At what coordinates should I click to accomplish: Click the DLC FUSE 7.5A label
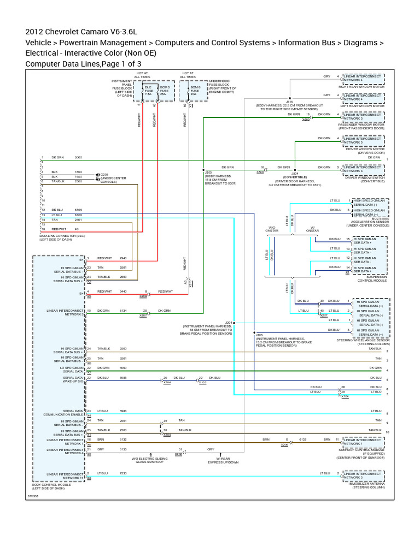click(148, 91)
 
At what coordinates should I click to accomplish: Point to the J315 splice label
click(289, 102)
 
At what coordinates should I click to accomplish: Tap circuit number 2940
click(123, 258)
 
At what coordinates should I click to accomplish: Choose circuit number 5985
click(123, 378)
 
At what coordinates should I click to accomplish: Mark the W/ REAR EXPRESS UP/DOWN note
click(223, 460)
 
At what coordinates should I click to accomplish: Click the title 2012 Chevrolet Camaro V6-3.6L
click(81, 31)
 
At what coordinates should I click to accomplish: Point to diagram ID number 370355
click(33, 496)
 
